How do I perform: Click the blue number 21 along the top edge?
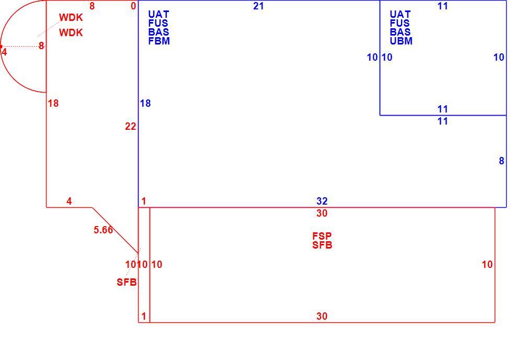(x=258, y=6)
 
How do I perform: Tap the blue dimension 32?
(x=322, y=201)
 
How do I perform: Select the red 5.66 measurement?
(x=103, y=230)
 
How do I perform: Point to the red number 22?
(x=131, y=127)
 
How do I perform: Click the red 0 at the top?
(x=133, y=6)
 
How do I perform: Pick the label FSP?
(x=322, y=236)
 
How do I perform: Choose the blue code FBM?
(x=159, y=41)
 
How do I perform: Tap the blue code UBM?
(x=401, y=41)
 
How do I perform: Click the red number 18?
(x=53, y=103)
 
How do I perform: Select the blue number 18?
(x=145, y=103)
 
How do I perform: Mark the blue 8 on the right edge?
(x=501, y=161)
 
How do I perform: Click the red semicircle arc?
(x=1, y=46)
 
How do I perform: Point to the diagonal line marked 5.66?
(x=115, y=230)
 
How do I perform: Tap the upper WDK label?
(x=71, y=17)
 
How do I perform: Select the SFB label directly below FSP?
(x=322, y=245)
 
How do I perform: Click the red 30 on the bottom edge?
(x=322, y=316)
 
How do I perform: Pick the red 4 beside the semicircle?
(x=4, y=52)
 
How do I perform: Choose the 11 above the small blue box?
(x=442, y=6)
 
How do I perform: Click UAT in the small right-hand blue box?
(x=400, y=14)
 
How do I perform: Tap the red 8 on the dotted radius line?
(x=41, y=46)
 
